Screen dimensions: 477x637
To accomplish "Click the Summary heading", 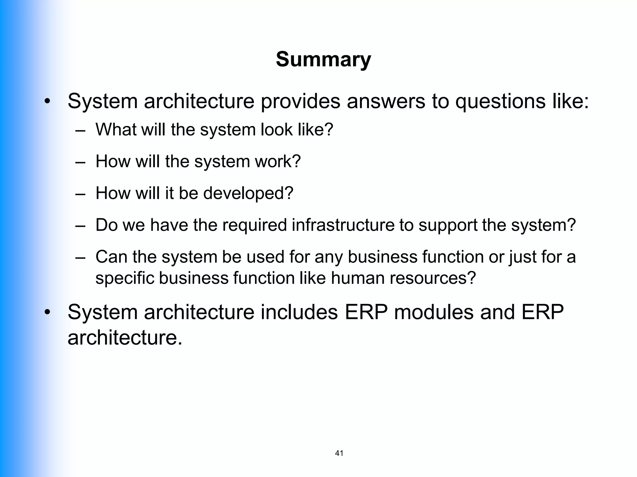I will (x=323, y=59).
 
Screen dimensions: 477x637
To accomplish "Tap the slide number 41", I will (x=339, y=453).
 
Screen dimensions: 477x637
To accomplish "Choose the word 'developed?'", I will (x=248, y=193).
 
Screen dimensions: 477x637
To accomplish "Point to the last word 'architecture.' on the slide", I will (x=125, y=338).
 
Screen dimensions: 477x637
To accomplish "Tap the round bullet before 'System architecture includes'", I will (x=47, y=312).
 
